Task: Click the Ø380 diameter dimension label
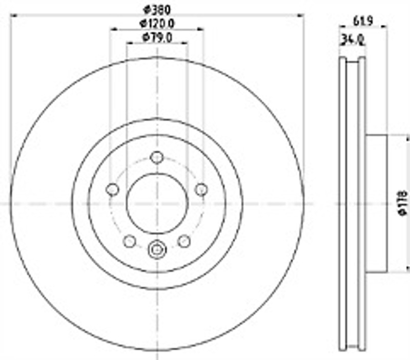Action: point(157,9)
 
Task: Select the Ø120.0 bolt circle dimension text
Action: point(157,23)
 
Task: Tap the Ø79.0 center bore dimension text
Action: point(157,37)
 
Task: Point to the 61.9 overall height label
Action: point(362,21)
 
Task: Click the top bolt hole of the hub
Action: point(157,157)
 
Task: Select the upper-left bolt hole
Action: point(112,189)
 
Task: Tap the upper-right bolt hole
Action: point(201,189)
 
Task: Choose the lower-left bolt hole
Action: point(130,241)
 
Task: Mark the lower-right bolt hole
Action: point(184,241)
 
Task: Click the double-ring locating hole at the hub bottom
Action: point(157,250)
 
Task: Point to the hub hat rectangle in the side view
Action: point(376,203)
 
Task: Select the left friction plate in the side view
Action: point(343,203)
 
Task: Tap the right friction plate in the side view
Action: point(362,203)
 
